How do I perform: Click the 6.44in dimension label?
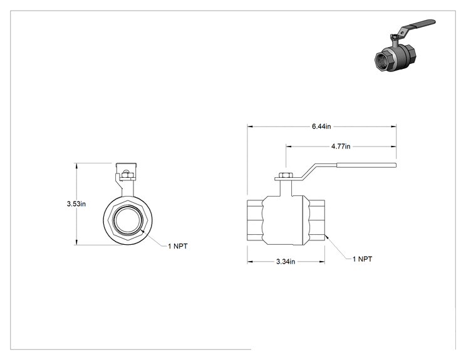point(321,126)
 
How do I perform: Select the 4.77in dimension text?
point(341,147)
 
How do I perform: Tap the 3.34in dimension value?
point(286,262)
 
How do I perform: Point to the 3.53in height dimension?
point(76,204)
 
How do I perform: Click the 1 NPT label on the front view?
point(178,246)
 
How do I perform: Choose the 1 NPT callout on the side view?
point(362,259)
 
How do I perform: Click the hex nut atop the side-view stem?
point(286,175)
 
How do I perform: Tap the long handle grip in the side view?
point(366,165)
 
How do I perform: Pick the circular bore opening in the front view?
point(128,220)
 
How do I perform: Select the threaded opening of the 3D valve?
point(383,61)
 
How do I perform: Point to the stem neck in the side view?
point(286,188)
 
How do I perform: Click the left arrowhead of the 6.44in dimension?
point(250,126)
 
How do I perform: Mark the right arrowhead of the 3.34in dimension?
point(322,262)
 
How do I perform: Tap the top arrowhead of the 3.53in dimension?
point(76,165)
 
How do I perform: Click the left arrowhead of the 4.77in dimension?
point(289,147)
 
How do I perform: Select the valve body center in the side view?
point(283,220)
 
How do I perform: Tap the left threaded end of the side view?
point(255,220)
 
